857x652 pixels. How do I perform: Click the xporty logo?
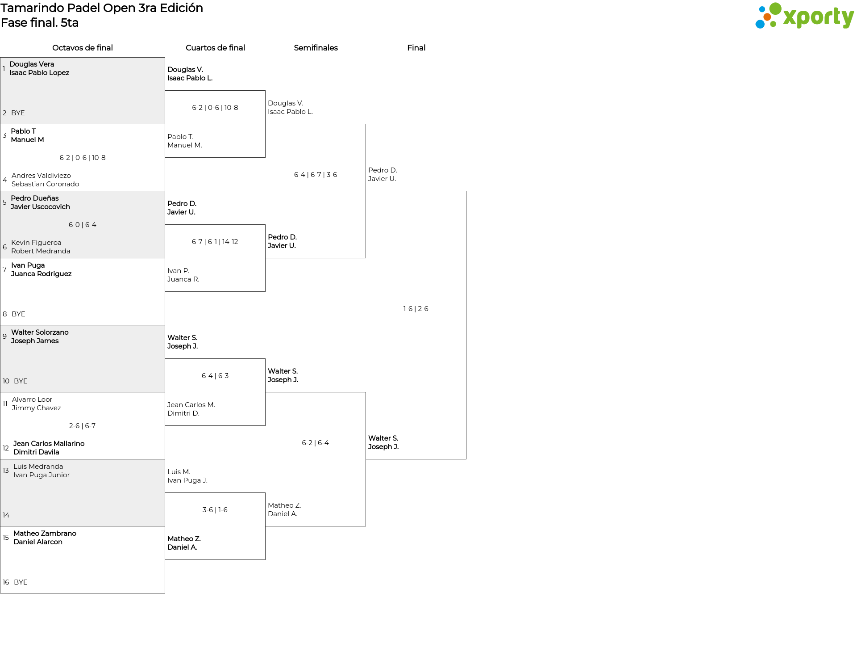tap(804, 16)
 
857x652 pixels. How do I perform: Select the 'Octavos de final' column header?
tap(83, 48)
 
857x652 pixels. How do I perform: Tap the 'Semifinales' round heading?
tap(316, 48)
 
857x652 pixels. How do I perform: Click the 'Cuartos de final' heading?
tap(215, 48)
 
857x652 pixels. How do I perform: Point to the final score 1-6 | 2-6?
tap(416, 309)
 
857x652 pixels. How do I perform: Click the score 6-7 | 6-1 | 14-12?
tap(215, 242)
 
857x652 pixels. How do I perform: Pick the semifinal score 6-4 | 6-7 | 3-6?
tap(316, 175)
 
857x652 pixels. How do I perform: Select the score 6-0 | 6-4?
tap(83, 225)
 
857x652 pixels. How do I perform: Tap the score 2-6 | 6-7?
tap(83, 426)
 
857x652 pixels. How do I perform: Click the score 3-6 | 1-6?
tap(215, 510)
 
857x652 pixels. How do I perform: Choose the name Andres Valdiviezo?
tap(41, 176)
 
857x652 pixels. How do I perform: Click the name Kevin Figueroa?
tap(36, 243)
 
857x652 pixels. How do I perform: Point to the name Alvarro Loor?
tap(32, 400)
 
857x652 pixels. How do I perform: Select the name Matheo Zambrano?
tap(45, 534)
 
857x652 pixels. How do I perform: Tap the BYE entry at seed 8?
tap(18, 314)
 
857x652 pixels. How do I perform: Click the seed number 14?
tap(6, 515)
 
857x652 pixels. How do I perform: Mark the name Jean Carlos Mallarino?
tap(49, 444)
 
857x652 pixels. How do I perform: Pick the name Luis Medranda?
tap(38, 467)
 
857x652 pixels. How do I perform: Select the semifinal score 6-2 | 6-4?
tap(315, 443)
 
